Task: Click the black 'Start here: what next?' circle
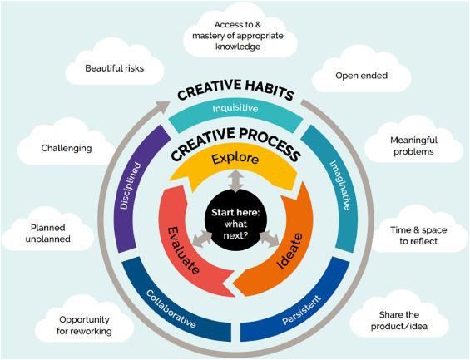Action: click(x=235, y=224)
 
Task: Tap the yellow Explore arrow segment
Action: click(x=234, y=168)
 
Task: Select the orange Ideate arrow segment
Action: click(x=288, y=249)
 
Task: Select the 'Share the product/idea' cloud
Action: click(x=399, y=320)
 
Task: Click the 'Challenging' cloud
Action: click(x=67, y=148)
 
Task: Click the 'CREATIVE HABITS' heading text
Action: click(x=235, y=90)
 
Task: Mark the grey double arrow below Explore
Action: click(x=235, y=180)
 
